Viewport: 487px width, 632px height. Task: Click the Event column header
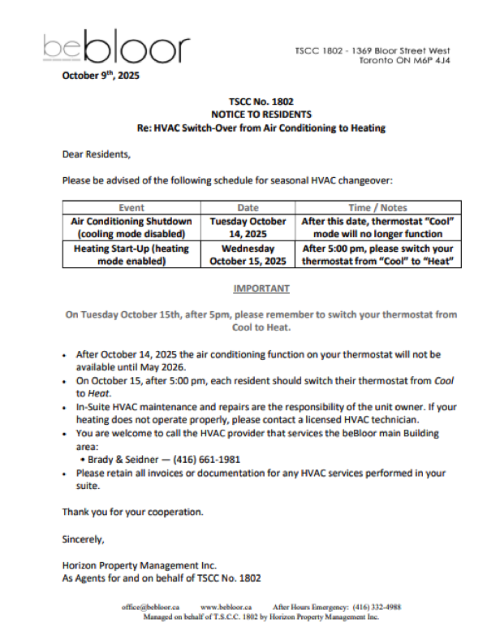131,207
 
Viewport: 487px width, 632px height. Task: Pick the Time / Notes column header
377,207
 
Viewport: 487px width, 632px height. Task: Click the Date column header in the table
248,207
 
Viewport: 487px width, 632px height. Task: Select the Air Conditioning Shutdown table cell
131,227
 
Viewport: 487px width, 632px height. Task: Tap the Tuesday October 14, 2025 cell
248,227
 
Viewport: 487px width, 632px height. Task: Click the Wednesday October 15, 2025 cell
248,255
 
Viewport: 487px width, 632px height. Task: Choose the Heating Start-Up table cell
131,255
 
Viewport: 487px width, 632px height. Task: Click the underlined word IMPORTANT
261,288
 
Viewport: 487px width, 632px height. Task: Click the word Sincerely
84,538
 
